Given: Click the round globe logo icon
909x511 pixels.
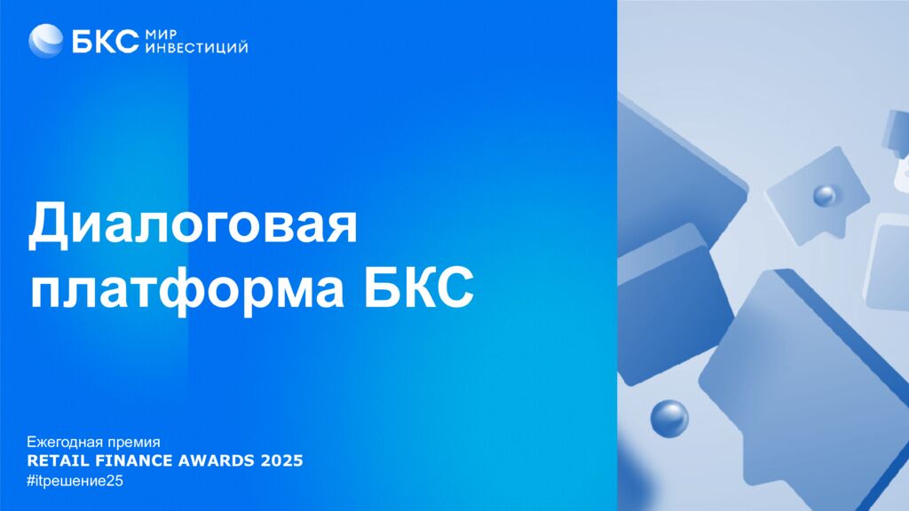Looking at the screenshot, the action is pos(46,41).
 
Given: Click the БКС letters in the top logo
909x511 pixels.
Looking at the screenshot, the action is pos(106,41).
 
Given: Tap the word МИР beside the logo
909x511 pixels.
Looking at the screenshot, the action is pos(161,35).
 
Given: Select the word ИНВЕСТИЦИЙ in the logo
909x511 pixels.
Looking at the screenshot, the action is pos(196,48).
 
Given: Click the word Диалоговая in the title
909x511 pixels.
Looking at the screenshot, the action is pos(193,224).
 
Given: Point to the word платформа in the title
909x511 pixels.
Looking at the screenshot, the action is pos(187,288).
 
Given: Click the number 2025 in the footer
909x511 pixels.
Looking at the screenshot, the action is pos(281,460).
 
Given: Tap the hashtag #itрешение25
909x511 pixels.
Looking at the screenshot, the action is pos(75,481).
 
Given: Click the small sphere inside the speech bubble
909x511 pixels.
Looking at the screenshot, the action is pos(824,195).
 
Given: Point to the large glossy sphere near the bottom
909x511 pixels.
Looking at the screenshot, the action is pos(669,419).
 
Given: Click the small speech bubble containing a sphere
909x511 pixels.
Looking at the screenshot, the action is pos(818,194).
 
